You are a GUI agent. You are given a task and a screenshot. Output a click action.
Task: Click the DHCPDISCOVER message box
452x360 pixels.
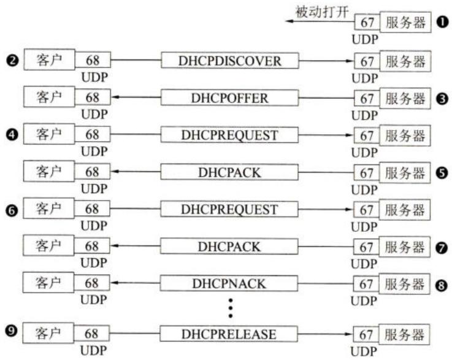[x=230, y=61]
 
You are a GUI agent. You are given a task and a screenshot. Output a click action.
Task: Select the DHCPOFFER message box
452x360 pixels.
[x=229, y=98]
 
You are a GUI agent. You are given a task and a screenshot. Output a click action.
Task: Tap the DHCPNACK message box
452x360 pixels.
[x=229, y=283]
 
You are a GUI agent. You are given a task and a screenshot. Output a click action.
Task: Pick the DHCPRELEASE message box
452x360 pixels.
[x=229, y=334]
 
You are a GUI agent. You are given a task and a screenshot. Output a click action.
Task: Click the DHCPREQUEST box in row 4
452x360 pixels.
[x=229, y=135]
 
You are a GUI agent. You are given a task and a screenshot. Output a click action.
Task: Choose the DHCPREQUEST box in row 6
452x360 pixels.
[x=229, y=209]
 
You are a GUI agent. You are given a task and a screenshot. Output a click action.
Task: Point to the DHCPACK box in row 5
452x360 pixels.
[x=229, y=172]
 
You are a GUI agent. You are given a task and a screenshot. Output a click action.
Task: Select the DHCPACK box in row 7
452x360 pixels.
[x=229, y=247]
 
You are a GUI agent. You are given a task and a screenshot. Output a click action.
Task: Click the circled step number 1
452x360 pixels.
[x=443, y=22]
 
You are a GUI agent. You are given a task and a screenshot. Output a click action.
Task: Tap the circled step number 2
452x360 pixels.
[x=12, y=61]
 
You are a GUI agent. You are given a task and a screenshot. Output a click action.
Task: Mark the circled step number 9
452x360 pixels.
[x=11, y=330]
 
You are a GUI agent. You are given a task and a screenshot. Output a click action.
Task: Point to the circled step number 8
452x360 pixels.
[x=442, y=286]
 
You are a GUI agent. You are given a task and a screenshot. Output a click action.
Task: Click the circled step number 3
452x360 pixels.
[x=442, y=99]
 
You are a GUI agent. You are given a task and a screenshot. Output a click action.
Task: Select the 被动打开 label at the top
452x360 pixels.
[x=322, y=12]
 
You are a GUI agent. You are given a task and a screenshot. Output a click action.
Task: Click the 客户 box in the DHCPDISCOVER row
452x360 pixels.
[x=49, y=59]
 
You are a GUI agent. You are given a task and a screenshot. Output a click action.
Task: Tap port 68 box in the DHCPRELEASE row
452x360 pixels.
[x=91, y=334]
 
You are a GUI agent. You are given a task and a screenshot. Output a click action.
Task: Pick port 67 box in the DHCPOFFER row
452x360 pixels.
[x=367, y=99]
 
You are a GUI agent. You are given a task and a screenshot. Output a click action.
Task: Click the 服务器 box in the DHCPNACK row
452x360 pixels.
[x=404, y=283]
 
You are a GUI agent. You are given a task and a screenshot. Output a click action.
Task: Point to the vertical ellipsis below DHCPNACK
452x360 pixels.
[x=231, y=308]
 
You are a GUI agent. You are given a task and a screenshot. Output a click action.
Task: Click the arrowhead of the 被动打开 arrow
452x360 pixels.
[x=288, y=21]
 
